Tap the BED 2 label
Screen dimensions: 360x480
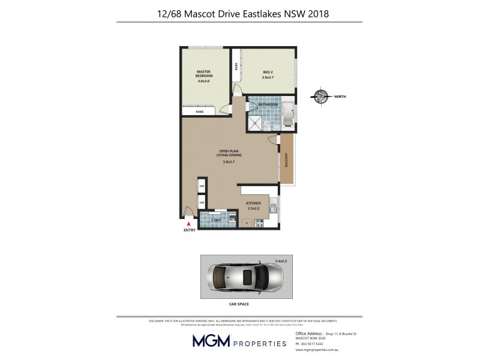click(268, 73)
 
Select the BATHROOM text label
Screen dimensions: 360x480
click(268, 104)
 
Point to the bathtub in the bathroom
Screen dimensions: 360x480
click(287, 115)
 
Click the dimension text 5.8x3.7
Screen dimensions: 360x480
click(229, 162)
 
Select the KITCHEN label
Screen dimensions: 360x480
click(254, 203)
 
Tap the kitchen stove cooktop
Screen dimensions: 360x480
click(260, 223)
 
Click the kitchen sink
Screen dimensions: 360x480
click(273, 208)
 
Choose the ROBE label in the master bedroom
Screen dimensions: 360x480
click(200, 111)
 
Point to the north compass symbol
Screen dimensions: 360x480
click(322, 97)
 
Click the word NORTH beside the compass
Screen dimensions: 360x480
click(340, 97)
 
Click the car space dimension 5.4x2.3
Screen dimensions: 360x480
click(281, 260)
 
